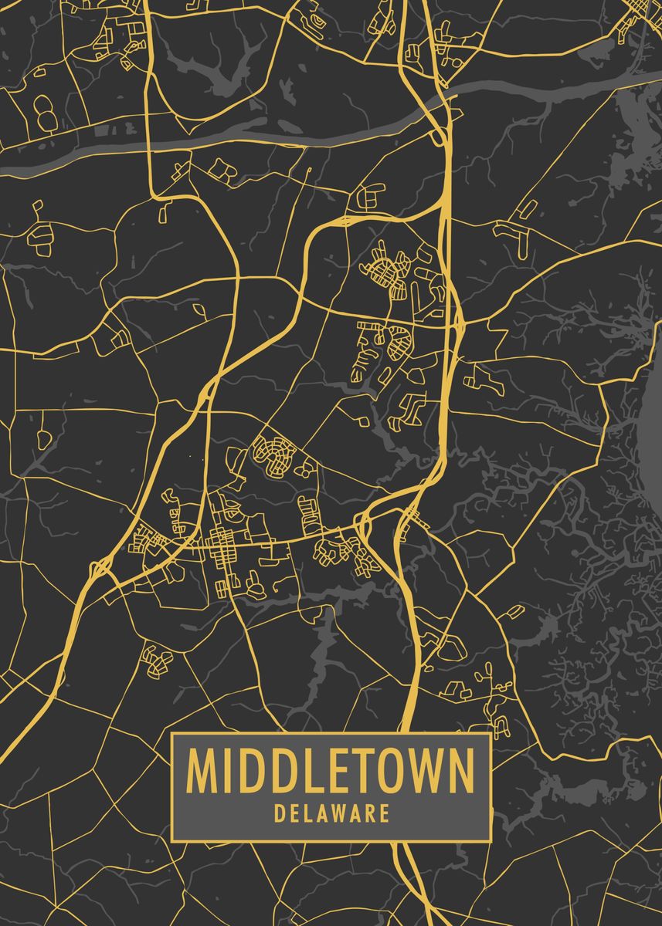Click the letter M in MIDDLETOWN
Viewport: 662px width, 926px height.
(202, 770)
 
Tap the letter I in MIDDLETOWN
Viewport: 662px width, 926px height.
(229, 770)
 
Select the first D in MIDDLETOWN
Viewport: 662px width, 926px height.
(253, 770)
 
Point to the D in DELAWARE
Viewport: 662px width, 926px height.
(279, 814)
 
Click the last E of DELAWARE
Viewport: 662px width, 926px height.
(384, 814)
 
